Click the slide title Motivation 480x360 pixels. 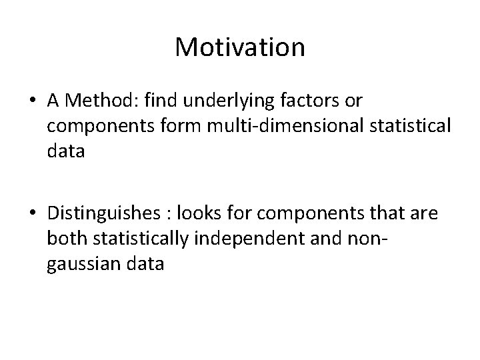pos(240,48)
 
